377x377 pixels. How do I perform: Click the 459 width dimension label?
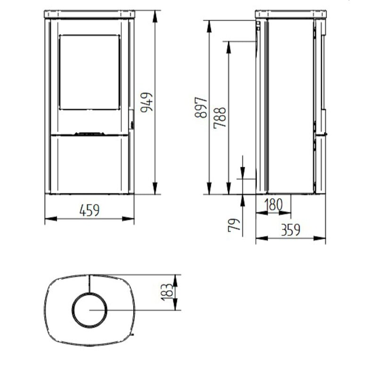point(89,210)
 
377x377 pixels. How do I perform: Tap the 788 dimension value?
point(220,118)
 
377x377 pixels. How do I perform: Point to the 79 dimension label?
point(234,224)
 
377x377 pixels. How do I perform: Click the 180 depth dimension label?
point(273,205)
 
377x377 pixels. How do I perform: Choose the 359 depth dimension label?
point(291,230)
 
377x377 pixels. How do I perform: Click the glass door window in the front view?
point(89,72)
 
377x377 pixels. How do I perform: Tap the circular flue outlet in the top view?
point(89,310)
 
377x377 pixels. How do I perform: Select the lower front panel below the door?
point(89,163)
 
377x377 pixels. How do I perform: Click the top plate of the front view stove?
point(89,13)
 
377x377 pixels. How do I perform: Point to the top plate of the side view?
point(291,13)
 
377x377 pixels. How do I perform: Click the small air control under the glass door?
point(89,133)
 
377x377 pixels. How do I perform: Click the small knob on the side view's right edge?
point(325,134)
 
